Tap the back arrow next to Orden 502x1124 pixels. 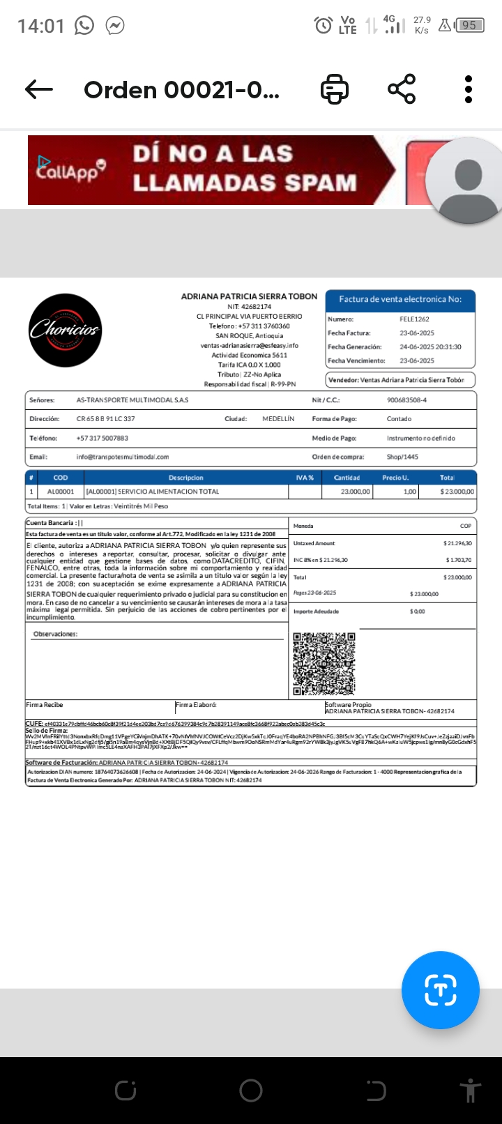pos(39,89)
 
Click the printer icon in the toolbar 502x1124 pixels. pos(335,89)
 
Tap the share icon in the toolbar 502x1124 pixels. pos(402,89)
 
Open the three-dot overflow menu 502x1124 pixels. pos(469,89)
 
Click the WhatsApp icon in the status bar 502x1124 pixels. pos(84,26)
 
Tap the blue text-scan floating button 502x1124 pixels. pos(440,989)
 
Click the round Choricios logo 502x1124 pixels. pos(65,331)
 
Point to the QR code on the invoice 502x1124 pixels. pos(324,664)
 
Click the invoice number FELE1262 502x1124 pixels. pos(414,319)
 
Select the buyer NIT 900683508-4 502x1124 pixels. pos(406,400)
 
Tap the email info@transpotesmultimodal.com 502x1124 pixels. pos(123,457)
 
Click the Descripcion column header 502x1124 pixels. pos(186,478)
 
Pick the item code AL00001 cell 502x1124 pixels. pos(61,492)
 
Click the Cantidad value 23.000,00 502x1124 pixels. pos(356,492)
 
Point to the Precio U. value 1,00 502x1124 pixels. pos(410,492)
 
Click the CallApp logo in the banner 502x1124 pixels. pos(70,169)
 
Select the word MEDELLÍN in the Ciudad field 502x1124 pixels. pos(278,419)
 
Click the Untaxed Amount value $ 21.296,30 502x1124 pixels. pos(457,543)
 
